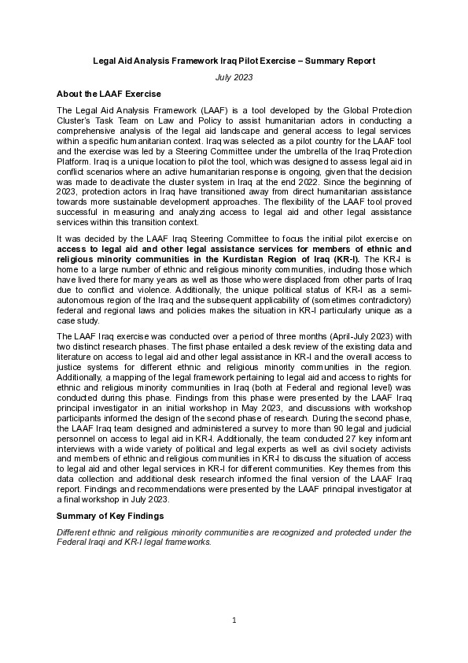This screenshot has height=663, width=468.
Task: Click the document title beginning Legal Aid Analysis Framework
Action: coord(234,61)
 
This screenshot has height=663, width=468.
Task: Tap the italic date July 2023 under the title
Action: coord(234,78)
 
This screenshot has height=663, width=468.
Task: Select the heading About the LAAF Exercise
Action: coord(109,94)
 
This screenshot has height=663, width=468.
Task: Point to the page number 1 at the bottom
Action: coord(234,621)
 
